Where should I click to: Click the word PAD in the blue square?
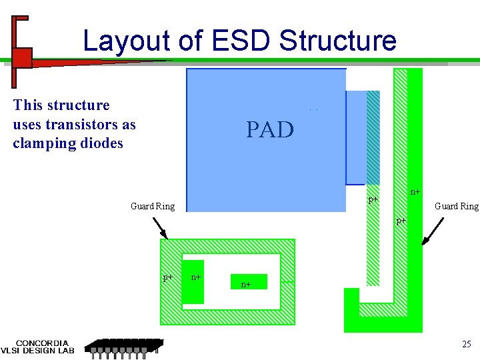(x=270, y=129)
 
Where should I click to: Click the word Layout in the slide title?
(x=126, y=41)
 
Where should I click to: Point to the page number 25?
(x=466, y=344)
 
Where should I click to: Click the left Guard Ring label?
(x=153, y=207)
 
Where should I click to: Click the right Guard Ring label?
(x=457, y=207)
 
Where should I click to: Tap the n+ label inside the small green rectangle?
(x=247, y=285)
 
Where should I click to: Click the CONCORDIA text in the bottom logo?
(x=41, y=342)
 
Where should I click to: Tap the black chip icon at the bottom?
(x=124, y=347)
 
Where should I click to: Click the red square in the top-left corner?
(x=22, y=57)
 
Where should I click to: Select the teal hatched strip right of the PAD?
(x=373, y=137)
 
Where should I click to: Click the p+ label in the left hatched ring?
(x=169, y=277)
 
